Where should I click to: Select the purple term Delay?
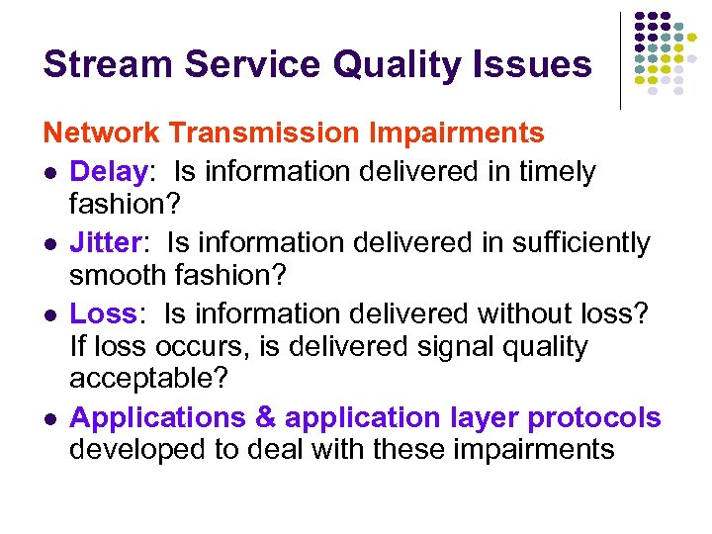[x=108, y=172]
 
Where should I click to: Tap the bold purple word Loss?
[x=103, y=313]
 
